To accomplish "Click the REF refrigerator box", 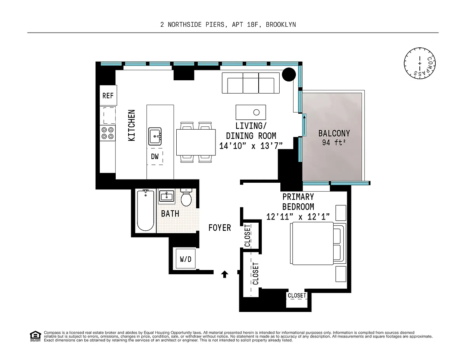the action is coord(108,95).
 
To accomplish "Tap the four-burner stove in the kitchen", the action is coord(108,133).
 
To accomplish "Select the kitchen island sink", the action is coord(155,137).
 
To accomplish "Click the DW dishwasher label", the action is coord(155,157).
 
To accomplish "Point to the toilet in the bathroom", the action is coord(186,197).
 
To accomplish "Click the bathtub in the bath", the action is coord(146,210).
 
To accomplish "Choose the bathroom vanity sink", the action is coord(167,196).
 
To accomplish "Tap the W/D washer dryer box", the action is coord(186,258).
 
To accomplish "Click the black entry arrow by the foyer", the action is coord(224,274).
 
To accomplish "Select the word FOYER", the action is coord(219,228).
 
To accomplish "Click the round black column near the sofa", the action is coord(289,74).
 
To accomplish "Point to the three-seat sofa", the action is coord(251,83).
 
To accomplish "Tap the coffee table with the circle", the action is coord(251,112).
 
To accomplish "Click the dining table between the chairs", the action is coord(196,142).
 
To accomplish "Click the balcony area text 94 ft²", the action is coord(334,142).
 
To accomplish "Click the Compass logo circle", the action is coord(420,63).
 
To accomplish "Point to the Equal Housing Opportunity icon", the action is coord(35,336).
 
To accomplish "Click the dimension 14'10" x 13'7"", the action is coord(251,146).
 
